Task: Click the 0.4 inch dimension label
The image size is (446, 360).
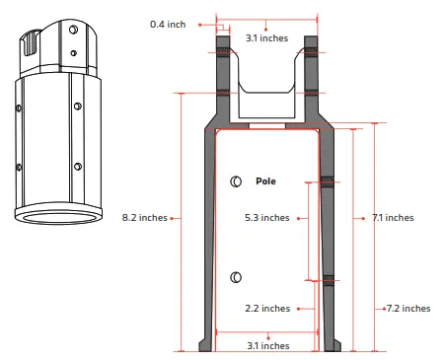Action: pyautogui.click(x=168, y=24)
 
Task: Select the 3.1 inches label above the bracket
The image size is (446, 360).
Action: pyautogui.click(x=267, y=38)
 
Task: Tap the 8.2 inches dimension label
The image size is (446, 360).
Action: pyautogui.click(x=143, y=217)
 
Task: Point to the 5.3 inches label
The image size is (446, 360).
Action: pyautogui.click(x=267, y=217)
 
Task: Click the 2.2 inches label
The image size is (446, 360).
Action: pyautogui.click(x=267, y=309)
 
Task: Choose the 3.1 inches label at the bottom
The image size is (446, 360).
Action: pyautogui.click(x=267, y=345)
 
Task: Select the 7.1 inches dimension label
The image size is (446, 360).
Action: pyautogui.click(x=393, y=217)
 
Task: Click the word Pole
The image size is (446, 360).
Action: pyautogui.click(x=265, y=181)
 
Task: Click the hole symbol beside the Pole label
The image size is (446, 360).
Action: pyautogui.click(x=236, y=180)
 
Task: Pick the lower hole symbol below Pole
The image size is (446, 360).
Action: pyautogui.click(x=236, y=277)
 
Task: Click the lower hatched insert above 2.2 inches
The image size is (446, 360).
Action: pyautogui.click(x=330, y=280)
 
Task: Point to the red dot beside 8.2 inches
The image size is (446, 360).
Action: pyautogui.click(x=174, y=217)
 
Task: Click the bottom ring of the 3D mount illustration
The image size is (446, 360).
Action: pyautogui.click(x=60, y=217)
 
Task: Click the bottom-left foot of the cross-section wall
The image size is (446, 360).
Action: pyautogui.click(x=204, y=345)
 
